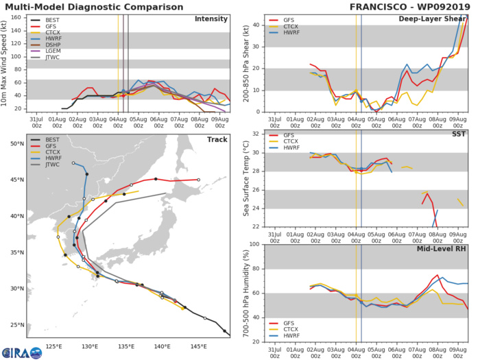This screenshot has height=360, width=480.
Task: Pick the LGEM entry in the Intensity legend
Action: point(43,60)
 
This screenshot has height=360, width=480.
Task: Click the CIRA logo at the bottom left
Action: point(21,350)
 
